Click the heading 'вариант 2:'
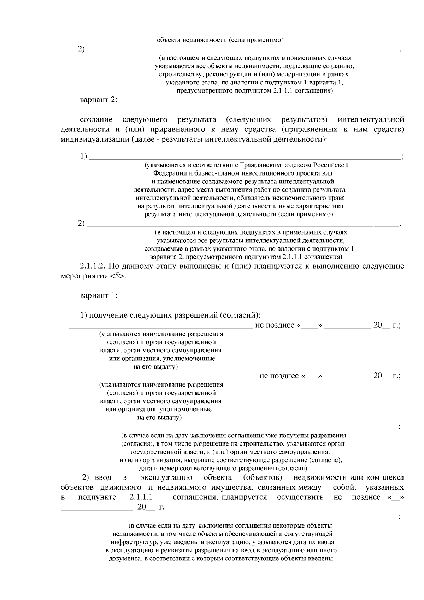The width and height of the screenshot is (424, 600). pyautogui.click(x=99, y=100)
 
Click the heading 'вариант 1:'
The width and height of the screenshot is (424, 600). pyautogui.click(x=99, y=295)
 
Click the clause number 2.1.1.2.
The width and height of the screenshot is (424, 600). pyautogui.click(x=93, y=266)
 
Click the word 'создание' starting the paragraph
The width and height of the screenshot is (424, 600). pyautogui.click(x=96, y=119)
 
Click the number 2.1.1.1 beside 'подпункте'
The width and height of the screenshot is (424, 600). pyautogui.click(x=141, y=497)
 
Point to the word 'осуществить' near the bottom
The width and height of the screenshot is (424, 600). pyautogui.click(x=300, y=497)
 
